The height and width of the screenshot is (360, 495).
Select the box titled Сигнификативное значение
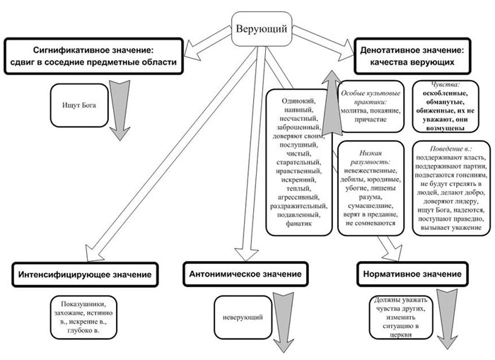[x=93, y=57]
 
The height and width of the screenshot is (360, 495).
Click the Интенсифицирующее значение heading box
[x=85, y=273]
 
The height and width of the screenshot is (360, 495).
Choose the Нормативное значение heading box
[x=410, y=273]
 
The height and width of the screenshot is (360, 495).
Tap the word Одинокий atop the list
[x=296, y=100]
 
